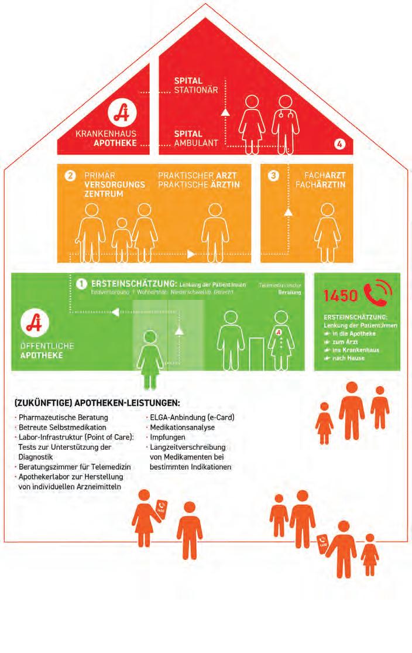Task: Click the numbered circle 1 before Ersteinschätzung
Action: coord(82,283)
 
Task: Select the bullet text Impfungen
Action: coord(168,437)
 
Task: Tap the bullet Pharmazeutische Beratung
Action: coord(63,418)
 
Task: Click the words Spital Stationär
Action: coord(197,85)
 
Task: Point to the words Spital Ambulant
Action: coord(196,138)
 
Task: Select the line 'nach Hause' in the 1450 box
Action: coord(346,358)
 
